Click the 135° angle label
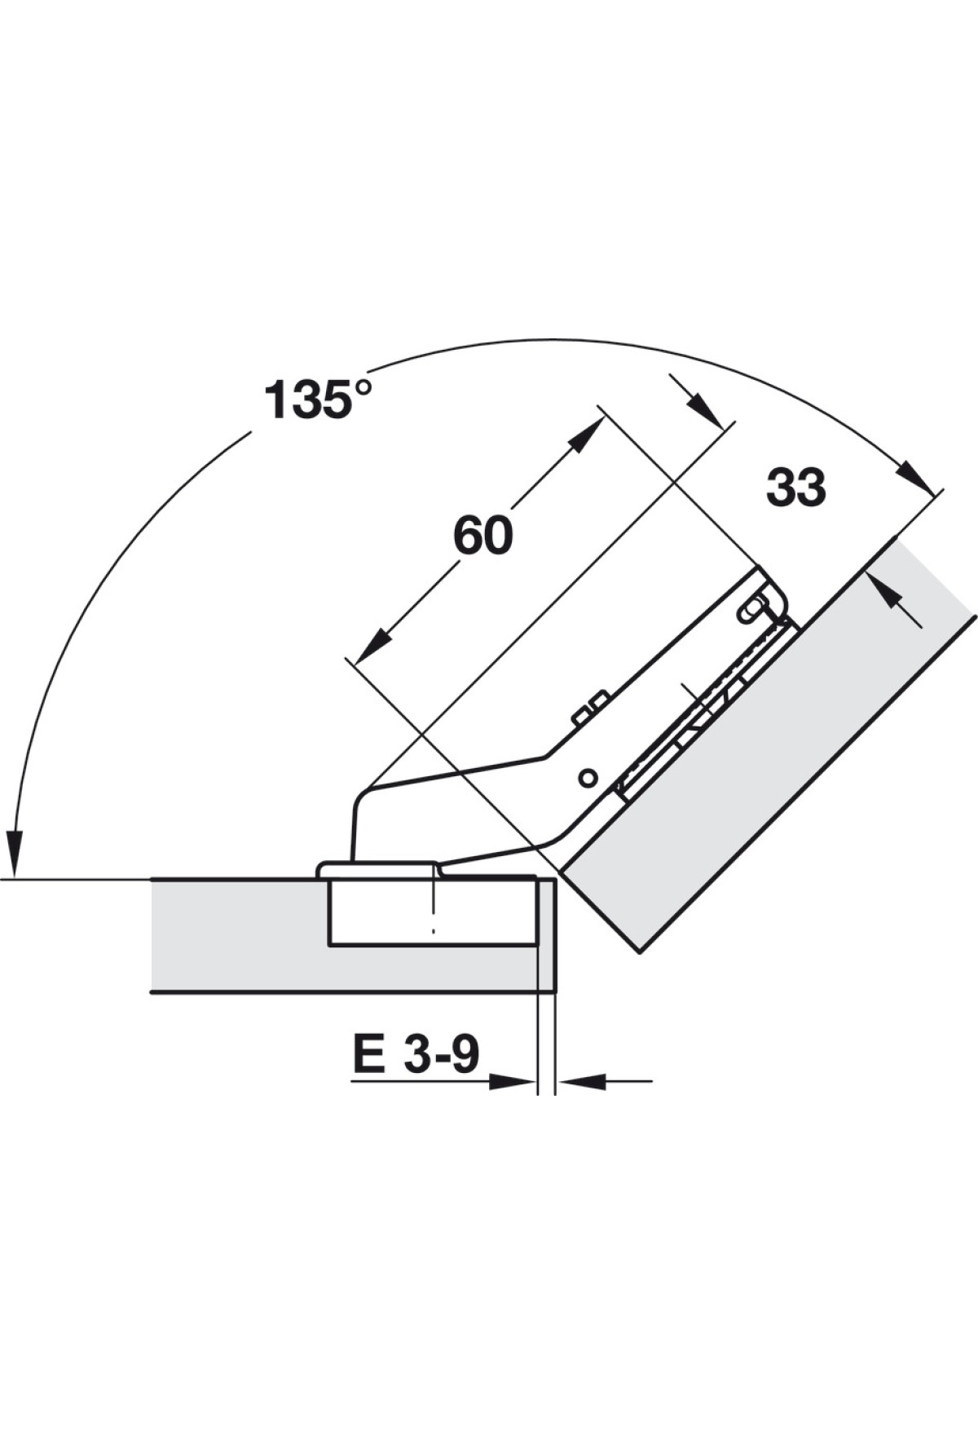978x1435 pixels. coord(319,400)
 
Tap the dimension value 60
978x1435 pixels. coord(483,536)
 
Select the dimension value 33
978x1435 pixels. coord(796,488)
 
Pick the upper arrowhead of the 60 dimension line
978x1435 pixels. coord(586,434)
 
